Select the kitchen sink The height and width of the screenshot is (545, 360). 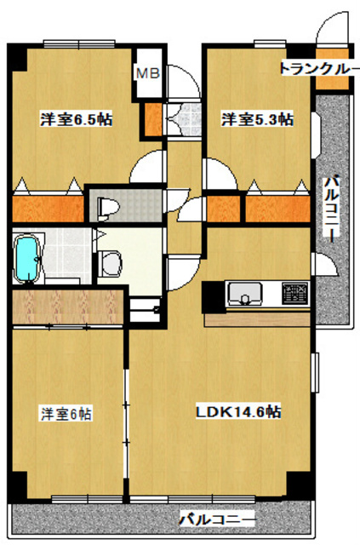click(244, 294)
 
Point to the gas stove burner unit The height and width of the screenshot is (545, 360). click(295, 293)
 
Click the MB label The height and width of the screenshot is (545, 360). click(148, 73)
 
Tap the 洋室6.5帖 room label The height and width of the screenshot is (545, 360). click(76, 119)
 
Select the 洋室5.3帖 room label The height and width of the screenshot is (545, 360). click(258, 119)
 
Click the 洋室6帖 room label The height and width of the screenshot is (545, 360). click(66, 414)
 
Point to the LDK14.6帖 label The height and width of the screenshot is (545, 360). click(238, 412)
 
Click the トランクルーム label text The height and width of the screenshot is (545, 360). click(319, 68)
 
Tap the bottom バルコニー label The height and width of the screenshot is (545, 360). click(217, 519)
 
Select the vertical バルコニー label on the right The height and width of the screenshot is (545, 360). click(332, 209)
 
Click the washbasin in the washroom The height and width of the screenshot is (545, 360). click(111, 263)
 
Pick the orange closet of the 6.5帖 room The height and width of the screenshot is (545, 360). click(48, 209)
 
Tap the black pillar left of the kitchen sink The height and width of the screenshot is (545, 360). click(213, 297)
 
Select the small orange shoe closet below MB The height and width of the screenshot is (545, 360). click(153, 119)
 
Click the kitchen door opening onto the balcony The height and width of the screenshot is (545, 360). click(325, 263)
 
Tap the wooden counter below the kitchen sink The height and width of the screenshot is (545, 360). click(257, 319)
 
